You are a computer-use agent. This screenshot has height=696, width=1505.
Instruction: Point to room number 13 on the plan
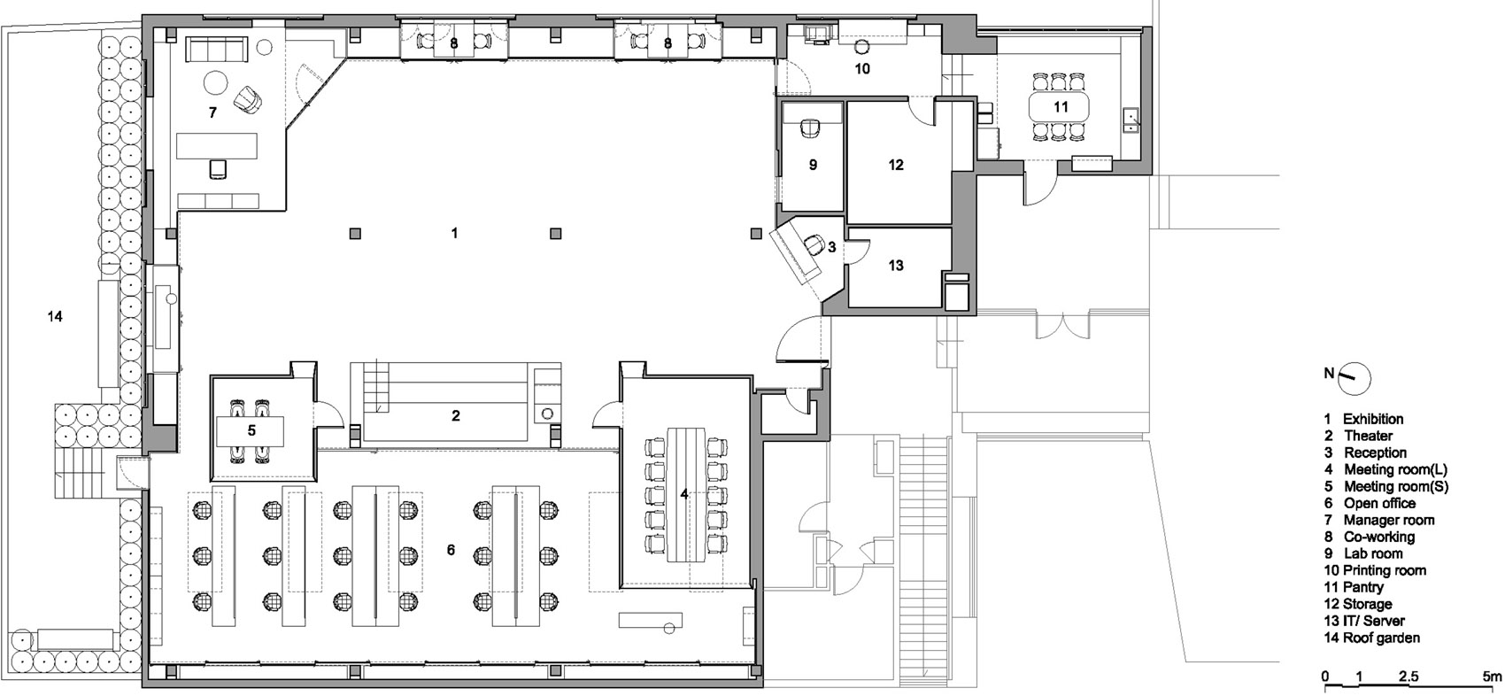coord(896,266)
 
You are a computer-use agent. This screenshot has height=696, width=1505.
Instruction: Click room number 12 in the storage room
coord(896,165)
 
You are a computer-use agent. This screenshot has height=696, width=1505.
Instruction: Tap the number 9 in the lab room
coord(813,165)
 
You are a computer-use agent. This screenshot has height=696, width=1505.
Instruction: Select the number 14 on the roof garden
coord(55,316)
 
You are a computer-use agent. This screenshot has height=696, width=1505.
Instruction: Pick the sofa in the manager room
coord(216,49)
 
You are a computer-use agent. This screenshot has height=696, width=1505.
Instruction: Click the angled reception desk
coord(797,255)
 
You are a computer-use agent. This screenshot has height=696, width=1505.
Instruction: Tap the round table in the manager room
coord(216,82)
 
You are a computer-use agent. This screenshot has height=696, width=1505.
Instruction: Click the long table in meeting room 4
coord(686,494)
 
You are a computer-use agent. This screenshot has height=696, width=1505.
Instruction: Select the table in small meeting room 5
coord(250,430)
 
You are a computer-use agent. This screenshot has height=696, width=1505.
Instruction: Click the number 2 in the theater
coord(456,416)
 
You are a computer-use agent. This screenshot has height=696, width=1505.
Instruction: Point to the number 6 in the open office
coord(451,550)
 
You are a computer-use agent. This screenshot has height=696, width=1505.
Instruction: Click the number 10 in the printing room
coord(862,68)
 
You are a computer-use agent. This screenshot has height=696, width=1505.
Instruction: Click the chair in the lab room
coord(813,128)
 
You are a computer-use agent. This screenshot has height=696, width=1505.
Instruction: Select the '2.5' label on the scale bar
coord(1409,677)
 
